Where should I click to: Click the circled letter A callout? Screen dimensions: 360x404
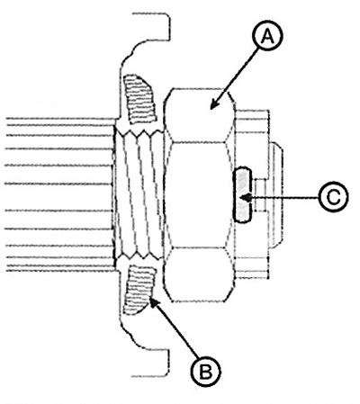[x=267, y=37]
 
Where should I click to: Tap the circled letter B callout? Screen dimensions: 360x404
[x=206, y=372]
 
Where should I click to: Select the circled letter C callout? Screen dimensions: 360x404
[x=333, y=198]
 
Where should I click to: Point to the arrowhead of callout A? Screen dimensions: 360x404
[x=214, y=104]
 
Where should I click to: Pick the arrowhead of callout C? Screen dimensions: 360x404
[x=247, y=198]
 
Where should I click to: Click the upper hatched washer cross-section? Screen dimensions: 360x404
[x=140, y=98]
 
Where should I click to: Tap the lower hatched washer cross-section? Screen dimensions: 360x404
[x=140, y=291]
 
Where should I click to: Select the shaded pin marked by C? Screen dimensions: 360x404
[x=242, y=195]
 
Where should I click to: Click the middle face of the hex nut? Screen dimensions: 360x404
[x=199, y=195]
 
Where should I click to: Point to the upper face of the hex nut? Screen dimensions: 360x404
[x=199, y=115]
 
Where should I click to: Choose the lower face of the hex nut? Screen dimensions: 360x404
[x=199, y=274]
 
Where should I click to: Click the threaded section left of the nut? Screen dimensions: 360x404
[x=139, y=195]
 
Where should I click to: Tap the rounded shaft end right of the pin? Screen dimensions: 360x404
[x=276, y=195]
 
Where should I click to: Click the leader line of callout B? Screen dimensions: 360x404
[x=175, y=329]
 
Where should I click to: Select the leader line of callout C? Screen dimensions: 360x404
[x=281, y=198]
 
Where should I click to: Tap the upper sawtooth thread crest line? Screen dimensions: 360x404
[x=139, y=132]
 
